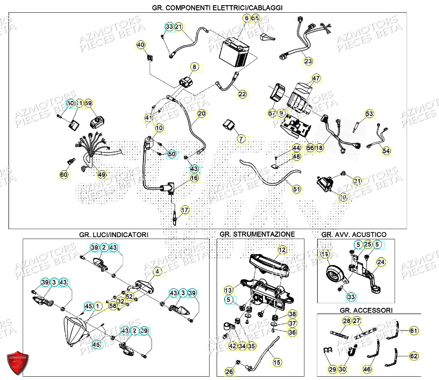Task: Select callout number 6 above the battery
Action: tap(246, 18)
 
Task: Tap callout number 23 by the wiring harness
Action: tap(308, 61)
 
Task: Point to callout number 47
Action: tap(316, 78)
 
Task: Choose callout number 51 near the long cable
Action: tap(296, 190)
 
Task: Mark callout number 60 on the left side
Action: tap(64, 175)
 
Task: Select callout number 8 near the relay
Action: tap(194, 67)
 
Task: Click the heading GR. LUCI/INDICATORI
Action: tap(114, 234)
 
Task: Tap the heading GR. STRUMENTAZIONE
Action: tap(257, 234)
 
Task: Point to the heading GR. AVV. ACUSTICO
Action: tap(354, 234)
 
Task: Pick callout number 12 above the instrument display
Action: tap(282, 250)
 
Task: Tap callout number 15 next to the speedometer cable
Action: tap(277, 362)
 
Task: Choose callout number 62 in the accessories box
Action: tap(414, 356)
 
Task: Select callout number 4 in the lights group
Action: tap(158, 272)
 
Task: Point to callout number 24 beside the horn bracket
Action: tap(380, 262)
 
